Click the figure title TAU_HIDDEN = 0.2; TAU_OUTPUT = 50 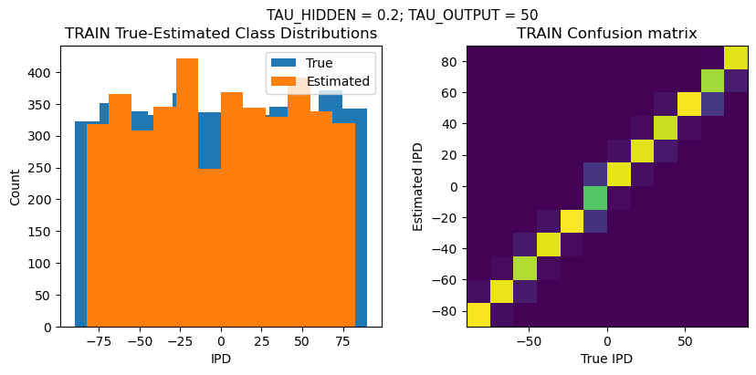click(x=402, y=15)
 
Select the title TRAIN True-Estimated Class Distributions click(x=221, y=34)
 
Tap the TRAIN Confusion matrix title click(x=607, y=34)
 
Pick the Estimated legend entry click(x=338, y=81)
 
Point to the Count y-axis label click(x=15, y=186)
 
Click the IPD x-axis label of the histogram click(x=221, y=359)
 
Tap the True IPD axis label click(x=607, y=359)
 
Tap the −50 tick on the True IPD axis click(x=530, y=340)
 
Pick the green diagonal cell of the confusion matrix click(x=595, y=197)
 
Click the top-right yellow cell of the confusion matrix click(x=736, y=57)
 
